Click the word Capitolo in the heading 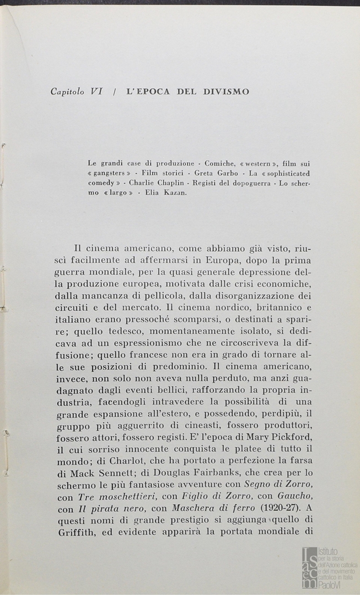[x=68, y=92]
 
